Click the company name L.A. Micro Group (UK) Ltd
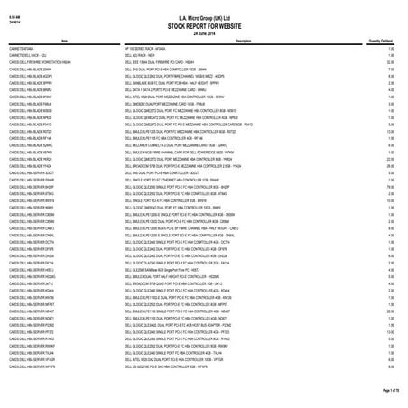pyautogui.click(x=203, y=8)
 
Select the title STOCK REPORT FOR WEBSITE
pyautogui.click(x=203, y=14)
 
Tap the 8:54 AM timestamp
pyautogui.click(x=12, y=7)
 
